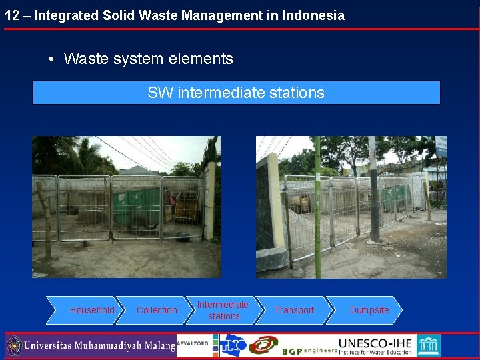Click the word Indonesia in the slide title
(x=313, y=15)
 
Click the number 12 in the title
(x=11, y=15)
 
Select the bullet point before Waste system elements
(x=51, y=59)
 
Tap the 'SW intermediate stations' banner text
(x=236, y=93)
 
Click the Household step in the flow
(x=92, y=310)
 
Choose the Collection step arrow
(x=157, y=310)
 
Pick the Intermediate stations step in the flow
(x=223, y=310)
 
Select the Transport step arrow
(x=294, y=310)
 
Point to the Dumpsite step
(x=369, y=310)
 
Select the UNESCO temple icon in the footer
(x=429, y=345)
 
